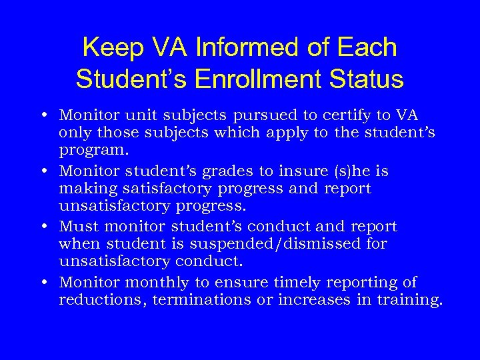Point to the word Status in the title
pos(371,79)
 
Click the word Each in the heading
pos(368,47)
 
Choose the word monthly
pos(161,282)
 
